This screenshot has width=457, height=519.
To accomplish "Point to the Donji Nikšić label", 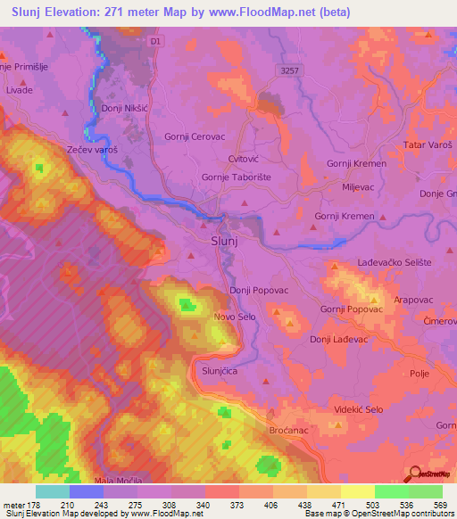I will coord(124,108).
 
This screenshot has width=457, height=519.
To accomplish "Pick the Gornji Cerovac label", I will coord(194,136).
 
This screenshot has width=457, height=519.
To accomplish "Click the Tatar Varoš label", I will coord(428,144).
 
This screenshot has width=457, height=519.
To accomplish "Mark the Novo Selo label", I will coord(236,317).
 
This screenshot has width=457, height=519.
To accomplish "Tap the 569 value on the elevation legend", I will coord(440,505).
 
